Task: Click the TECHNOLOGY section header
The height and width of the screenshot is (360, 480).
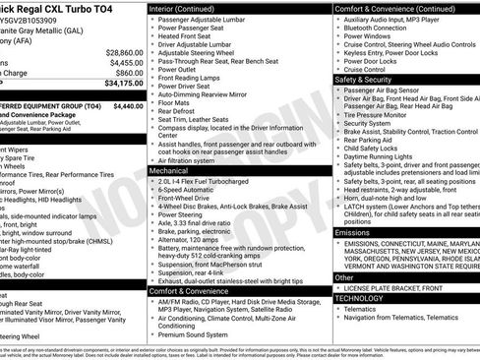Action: point(359,297)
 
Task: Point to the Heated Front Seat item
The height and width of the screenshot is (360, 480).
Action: point(187,35)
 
